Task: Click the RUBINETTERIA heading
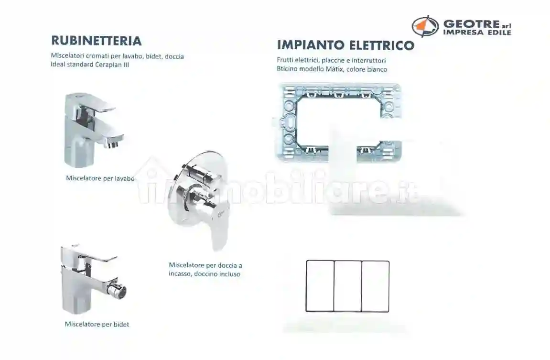click(x=96, y=40)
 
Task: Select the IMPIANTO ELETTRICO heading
click(x=345, y=45)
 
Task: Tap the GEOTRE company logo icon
click(x=425, y=26)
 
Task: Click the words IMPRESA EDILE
click(x=477, y=33)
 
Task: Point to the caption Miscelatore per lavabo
click(x=100, y=178)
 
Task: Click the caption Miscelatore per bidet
click(x=97, y=324)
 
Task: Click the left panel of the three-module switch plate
click(x=320, y=286)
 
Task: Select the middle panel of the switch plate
click(x=347, y=286)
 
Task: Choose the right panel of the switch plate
click(x=375, y=286)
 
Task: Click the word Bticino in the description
click(x=287, y=69)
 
